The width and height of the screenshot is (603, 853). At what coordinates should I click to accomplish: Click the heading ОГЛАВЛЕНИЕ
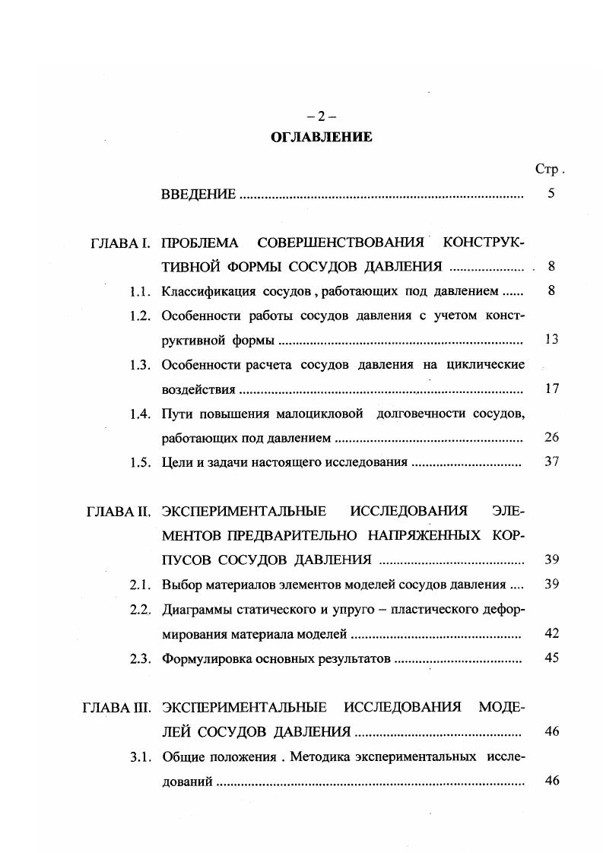[321, 138]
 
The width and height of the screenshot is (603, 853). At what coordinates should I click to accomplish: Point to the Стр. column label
[549, 170]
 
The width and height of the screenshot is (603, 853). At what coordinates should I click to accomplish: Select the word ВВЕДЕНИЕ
[198, 195]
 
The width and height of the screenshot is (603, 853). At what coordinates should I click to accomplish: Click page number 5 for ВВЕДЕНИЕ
[551, 194]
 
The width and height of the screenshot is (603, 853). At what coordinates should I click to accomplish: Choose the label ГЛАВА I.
[119, 243]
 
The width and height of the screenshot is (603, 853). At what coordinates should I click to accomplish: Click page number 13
[552, 340]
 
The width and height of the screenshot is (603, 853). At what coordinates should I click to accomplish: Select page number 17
[552, 389]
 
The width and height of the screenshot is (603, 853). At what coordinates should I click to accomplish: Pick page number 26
[552, 438]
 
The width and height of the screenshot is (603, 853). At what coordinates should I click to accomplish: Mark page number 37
[552, 462]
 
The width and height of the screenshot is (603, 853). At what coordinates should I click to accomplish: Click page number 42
[553, 633]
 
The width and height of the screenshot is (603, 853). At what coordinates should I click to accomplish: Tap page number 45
[553, 658]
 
